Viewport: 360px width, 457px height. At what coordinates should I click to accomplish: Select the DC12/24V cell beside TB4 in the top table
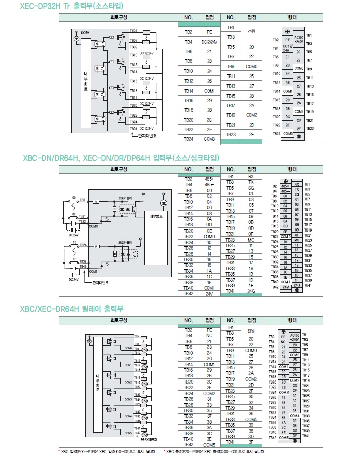tap(209, 42)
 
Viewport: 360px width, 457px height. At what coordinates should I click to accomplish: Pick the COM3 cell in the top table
tap(209, 139)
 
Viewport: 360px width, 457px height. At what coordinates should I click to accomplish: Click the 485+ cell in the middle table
tap(209, 179)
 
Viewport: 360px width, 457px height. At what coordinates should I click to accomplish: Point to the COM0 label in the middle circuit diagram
tap(93, 226)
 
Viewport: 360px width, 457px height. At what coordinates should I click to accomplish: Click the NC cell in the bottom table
tap(209, 335)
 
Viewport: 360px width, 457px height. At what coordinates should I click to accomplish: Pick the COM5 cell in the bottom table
tap(209, 445)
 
